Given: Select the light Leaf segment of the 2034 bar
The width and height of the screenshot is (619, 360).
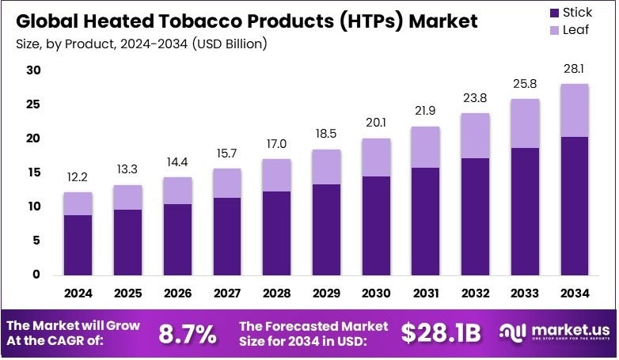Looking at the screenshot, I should (575, 110).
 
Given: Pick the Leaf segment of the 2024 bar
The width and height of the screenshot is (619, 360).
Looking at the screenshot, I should (78, 203).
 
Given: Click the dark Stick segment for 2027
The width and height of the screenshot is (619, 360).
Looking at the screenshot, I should (227, 236).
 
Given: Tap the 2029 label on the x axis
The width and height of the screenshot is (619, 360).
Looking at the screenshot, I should (327, 294).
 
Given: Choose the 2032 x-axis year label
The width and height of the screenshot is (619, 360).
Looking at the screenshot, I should (476, 294).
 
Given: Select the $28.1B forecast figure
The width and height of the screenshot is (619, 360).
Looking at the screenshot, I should (441, 334).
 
